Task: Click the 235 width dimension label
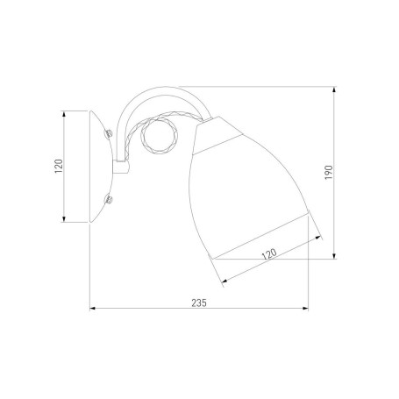tap(199, 303)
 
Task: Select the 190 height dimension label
tap(329, 173)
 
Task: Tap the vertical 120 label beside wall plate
tap(59, 166)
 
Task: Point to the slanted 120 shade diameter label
tap(269, 253)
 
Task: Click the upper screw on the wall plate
tap(109, 133)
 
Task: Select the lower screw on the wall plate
tap(109, 200)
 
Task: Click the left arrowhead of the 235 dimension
tap(93, 309)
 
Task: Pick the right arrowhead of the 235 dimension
tap(305, 309)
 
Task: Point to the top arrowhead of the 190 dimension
tap(334, 89)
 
